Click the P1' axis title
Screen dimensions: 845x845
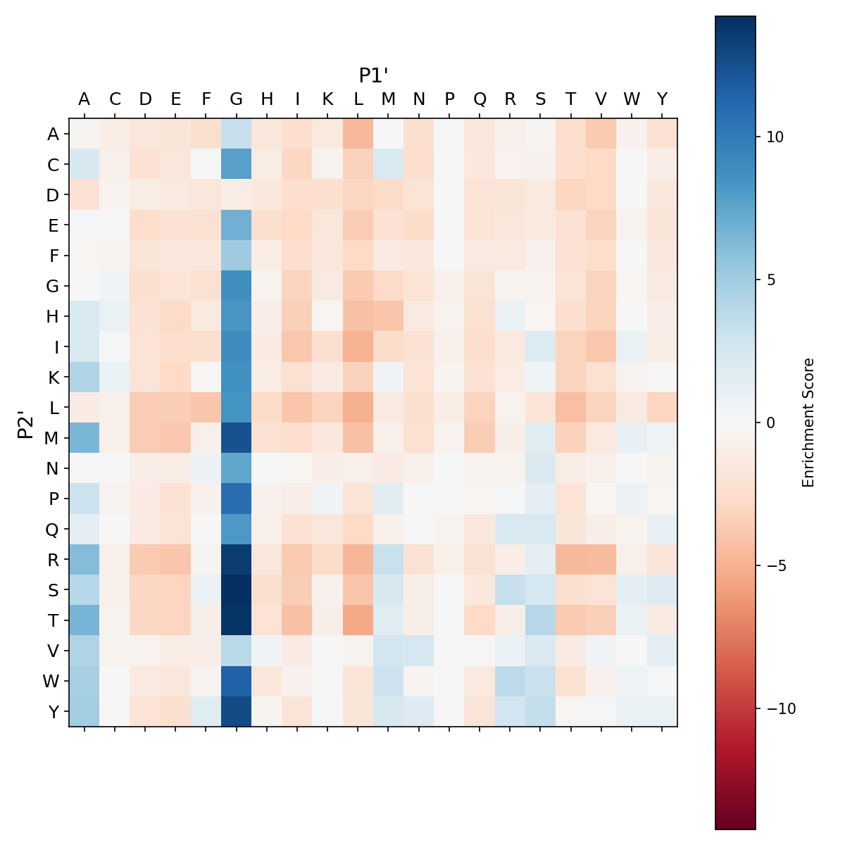pyautogui.click(x=374, y=75)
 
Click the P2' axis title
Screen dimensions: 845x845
pyautogui.click(x=26, y=423)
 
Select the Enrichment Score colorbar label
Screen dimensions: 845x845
pyautogui.click(x=808, y=423)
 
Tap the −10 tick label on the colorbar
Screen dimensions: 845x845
pyautogui.click(x=775, y=708)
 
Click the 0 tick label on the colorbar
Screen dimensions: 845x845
pyautogui.click(x=771, y=423)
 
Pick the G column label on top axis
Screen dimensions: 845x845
pyautogui.click(x=237, y=99)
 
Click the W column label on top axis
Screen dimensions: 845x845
pyautogui.click(x=632, y=99)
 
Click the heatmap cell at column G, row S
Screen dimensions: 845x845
pyautogui.click(x=237, y=589)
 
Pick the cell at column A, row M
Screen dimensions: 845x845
pyautogui.click(x=84, y=438)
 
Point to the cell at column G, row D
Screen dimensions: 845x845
pyautogui.click(x=237, y=195)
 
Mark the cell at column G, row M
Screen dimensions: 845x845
pyautogui.click(x=237, y=438)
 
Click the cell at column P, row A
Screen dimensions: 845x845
pyautogui.click(x=449, y=134)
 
